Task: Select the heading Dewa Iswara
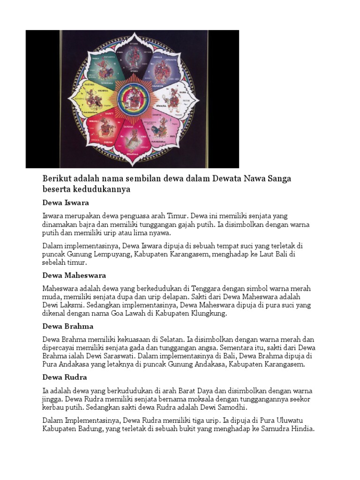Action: (66, 203)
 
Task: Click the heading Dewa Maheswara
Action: (74, 275)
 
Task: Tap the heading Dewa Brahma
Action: (68, 326)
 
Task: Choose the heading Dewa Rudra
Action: (65, 377)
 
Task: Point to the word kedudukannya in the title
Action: (100, 189)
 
